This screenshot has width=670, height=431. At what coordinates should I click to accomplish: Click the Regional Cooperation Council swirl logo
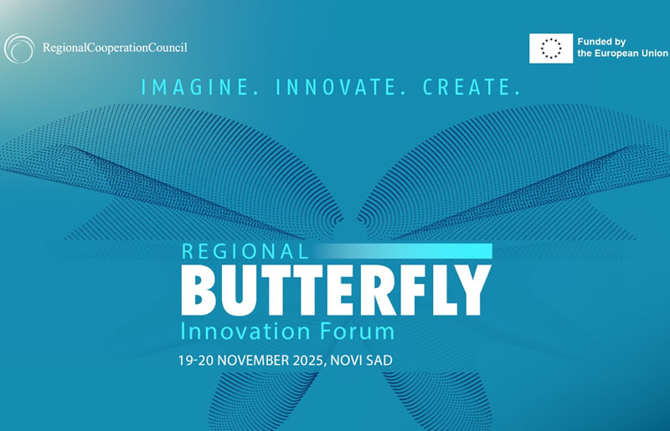click(x=19, y=48)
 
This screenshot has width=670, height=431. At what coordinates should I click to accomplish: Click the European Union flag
click(x=551, y=48)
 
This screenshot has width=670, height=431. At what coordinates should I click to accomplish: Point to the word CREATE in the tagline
click(x=466, y=86)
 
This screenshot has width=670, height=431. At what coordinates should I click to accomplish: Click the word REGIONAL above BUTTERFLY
click(x=245, y=250)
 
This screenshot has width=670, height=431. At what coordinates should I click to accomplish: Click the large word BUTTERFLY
click(x=335, y=289)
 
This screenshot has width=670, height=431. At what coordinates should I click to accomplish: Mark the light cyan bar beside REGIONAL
click(x=403, y=250)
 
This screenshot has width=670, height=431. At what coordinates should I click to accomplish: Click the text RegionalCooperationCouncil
click(x=115, y=48)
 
